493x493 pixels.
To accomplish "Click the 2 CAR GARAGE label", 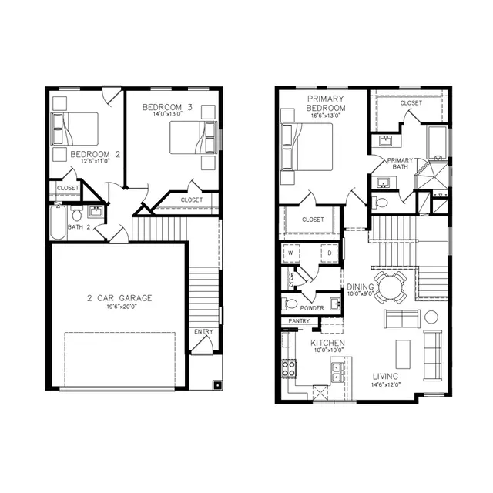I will tap(119, 297).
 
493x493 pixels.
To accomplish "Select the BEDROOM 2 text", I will tap(96, 154).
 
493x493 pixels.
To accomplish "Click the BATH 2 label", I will tap(78, 227).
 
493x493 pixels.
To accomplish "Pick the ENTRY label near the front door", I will tap(203, 332).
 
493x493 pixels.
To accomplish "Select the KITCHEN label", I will tap(327, 343).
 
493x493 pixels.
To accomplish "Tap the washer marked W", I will tap(293, 252).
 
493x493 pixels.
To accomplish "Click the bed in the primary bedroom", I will tap(307, 147).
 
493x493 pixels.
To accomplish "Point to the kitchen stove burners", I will tap(289, 368).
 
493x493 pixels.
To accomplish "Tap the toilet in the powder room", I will tap(290, 304).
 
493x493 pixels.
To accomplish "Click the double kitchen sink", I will tap(337, 374).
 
